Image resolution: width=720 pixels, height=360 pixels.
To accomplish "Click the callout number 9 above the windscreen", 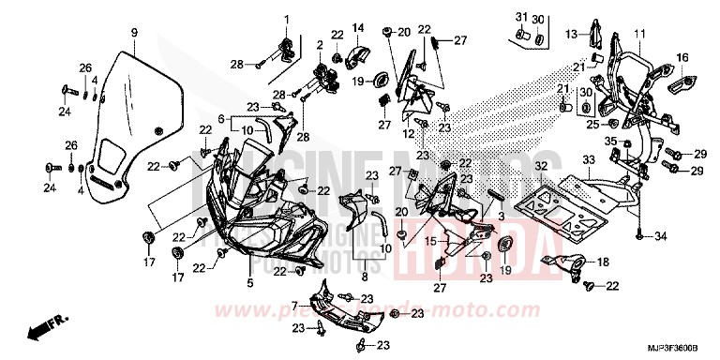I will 133,33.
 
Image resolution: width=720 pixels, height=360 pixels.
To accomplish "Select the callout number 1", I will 288,20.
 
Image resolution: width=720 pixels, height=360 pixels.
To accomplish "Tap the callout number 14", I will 357,26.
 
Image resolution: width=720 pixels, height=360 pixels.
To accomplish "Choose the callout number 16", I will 682,58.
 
